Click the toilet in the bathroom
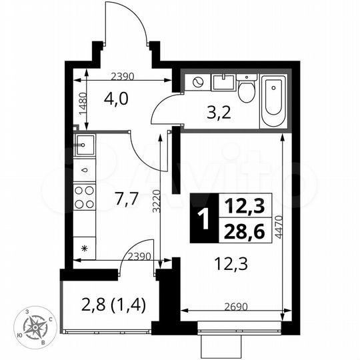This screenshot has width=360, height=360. click(x=247, y=89)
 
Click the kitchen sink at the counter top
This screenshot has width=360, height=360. click(x=85, y=144)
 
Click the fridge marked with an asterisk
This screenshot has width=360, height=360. click(x=85, y=248)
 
